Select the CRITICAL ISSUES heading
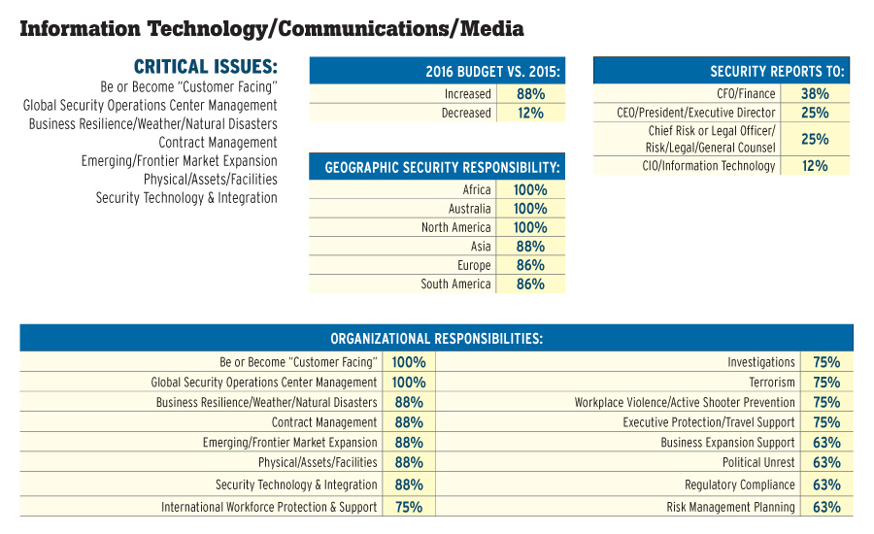click(x=205, y=67)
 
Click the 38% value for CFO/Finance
click(x=815, y=94)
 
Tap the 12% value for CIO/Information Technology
click(x=815, y=166)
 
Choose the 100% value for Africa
click(x=530, y=190)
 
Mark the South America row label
click(x=455, y=284)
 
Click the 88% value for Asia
click(x=530, y=247)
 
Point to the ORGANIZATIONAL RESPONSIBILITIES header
click(x=436, y=339)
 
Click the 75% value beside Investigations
click(x=826, y=362)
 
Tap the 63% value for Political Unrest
click(x=826, y=463)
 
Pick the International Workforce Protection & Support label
click(x=269, y=507)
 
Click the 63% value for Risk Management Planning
click(x=826, y=507)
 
